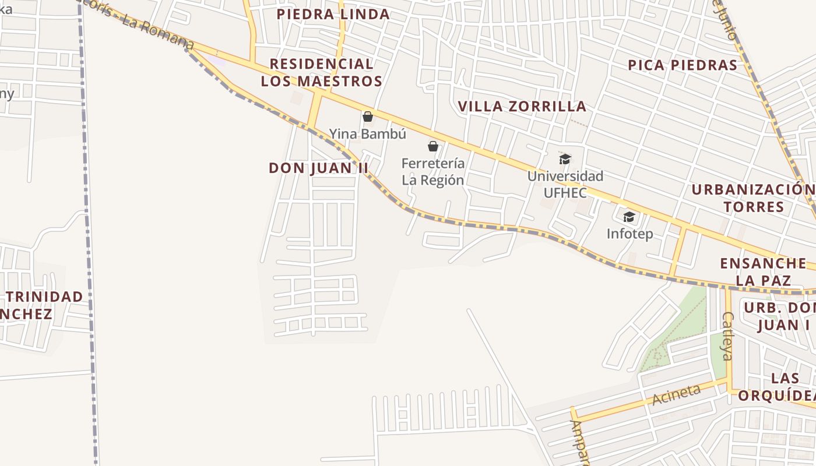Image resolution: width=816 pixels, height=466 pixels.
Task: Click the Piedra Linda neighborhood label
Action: click(x=333, y=15)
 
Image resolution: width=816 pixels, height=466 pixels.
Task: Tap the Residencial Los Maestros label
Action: click(x=321, y=73)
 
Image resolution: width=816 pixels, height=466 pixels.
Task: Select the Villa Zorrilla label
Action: click(x=522, y=107)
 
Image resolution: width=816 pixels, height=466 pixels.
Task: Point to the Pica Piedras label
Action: click(x=683, y=65)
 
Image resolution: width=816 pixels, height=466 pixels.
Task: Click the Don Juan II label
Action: click(x=319, y=168)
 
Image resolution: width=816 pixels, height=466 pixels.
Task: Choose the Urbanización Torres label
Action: click(x=755, y=199)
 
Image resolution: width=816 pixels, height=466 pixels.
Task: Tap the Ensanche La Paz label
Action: click(x=762, y=271)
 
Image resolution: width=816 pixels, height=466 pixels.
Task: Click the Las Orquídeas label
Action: click(x=778, y=387)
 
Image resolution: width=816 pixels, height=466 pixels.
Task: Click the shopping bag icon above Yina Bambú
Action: click(x=368, y=116)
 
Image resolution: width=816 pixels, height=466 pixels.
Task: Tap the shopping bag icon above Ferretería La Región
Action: click(x=433, y=146)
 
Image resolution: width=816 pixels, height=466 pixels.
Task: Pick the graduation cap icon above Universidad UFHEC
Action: click(x=565, y=159)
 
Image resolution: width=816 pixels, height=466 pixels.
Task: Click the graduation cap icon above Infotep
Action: click(x=629, y=217)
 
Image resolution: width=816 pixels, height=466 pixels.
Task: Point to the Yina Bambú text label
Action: click(x=368, y=134)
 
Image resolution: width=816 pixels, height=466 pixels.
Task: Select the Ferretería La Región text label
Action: click(x=433, y=172)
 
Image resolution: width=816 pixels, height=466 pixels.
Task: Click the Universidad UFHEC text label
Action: click(x=565, y=183)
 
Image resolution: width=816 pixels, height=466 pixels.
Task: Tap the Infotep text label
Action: click(x=629, y=234)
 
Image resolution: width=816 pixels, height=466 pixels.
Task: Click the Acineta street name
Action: click(x=676, y=395)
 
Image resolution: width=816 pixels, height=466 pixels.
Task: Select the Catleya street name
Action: click(x=727, y=344)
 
